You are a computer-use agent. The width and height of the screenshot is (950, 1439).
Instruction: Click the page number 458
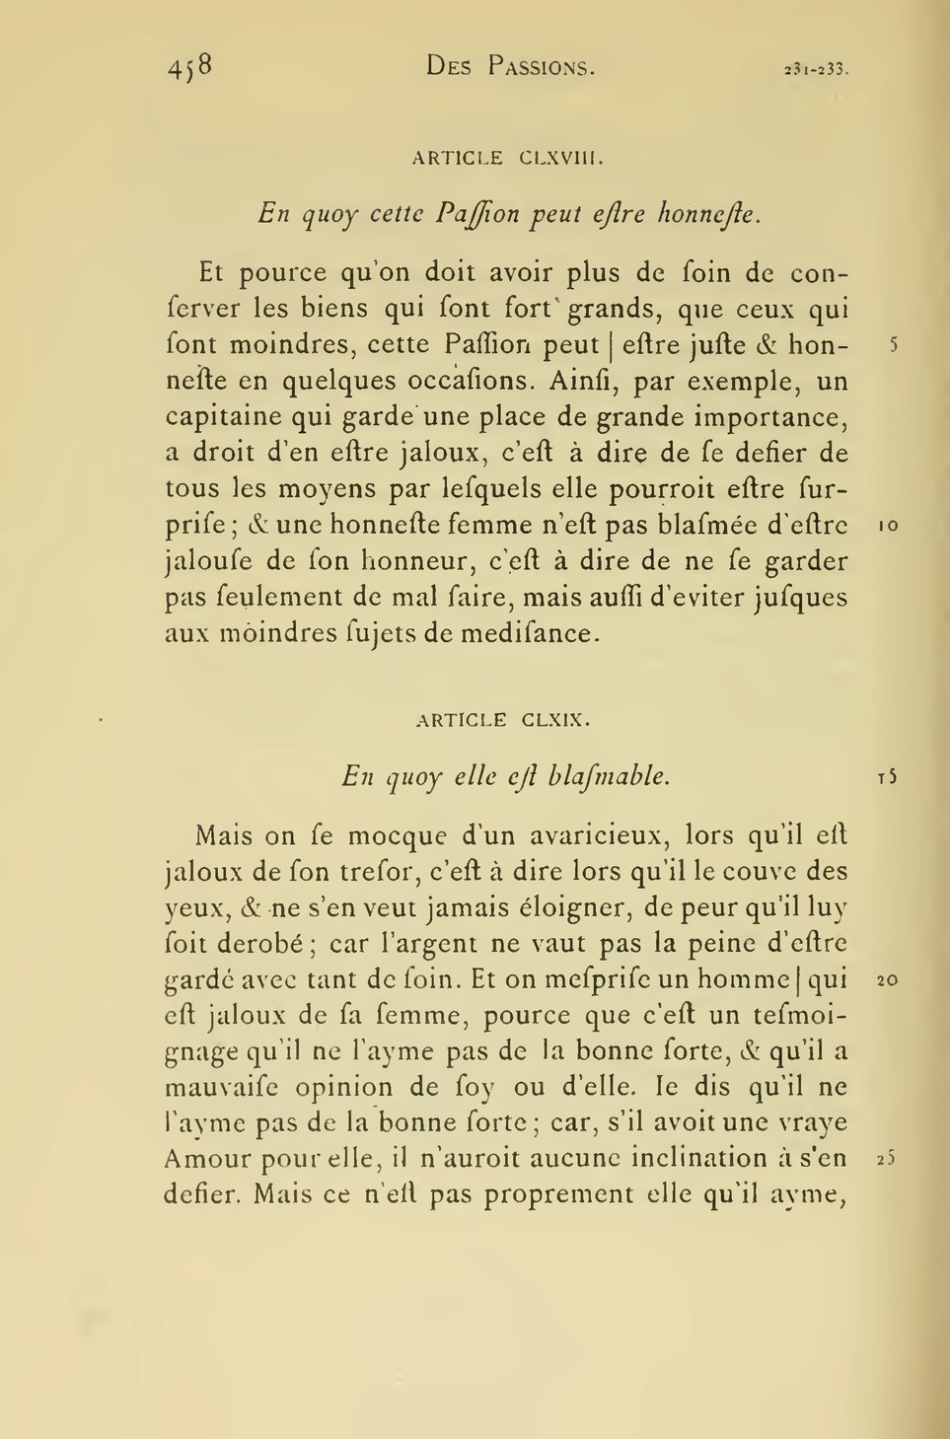point(189,66)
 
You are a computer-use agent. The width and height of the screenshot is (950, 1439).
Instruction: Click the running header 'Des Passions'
point(510,67)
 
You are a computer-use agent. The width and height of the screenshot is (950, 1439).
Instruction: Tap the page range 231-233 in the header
point(816,69)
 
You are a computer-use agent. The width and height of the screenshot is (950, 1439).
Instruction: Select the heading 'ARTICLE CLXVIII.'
point(507,158)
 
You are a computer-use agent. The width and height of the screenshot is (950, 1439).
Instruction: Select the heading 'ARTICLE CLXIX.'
point(503,720)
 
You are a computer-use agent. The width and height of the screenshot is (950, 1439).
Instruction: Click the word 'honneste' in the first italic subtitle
point(710,213)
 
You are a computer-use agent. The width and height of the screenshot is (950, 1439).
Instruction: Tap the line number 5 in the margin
point(892,346)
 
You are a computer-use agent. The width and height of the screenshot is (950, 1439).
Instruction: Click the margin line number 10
point(887,527)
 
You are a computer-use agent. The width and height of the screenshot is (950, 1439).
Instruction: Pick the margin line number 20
point(885,981)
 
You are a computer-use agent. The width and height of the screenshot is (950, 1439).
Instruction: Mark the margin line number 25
point(885,1160)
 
